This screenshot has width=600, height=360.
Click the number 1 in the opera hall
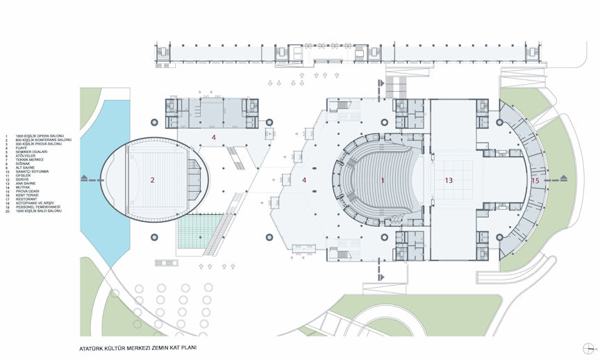(382, 180)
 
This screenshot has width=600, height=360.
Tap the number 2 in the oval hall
(152, 181)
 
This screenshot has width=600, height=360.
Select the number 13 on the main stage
(449, 180)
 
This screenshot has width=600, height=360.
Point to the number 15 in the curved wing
(535, 181)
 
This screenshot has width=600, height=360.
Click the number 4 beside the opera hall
(304, 181)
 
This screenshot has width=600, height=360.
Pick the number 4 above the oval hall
(214, 138)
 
